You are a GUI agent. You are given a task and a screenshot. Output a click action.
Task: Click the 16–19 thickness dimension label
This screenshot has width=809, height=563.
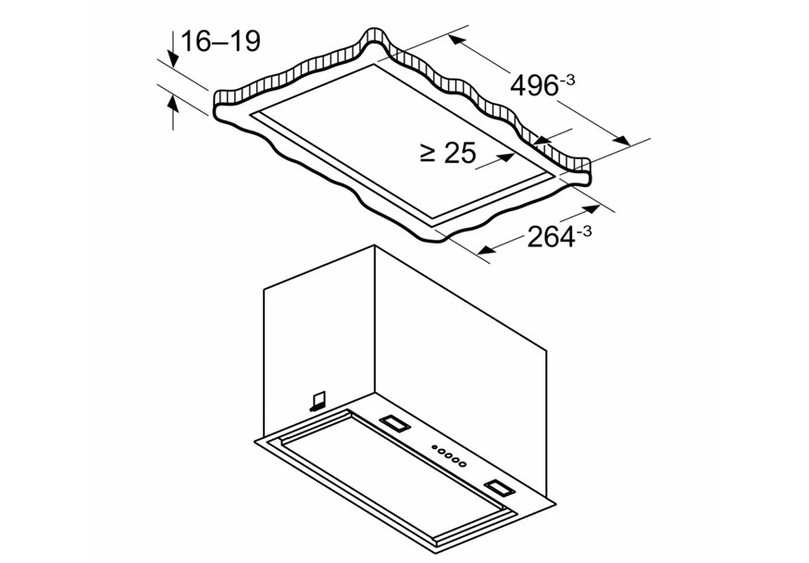coord(221,42)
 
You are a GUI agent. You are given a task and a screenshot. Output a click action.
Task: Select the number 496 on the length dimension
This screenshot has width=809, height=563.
coord(534,85)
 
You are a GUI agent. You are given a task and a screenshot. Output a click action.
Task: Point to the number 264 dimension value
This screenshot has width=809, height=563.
coord(551,238)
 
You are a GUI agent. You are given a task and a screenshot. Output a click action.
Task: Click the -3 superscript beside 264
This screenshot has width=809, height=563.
coord(583,231)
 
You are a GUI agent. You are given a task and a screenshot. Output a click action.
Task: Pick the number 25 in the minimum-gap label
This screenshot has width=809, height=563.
coord(459,153)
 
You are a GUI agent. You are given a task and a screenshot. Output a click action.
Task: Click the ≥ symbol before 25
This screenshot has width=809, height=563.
coord(429,153)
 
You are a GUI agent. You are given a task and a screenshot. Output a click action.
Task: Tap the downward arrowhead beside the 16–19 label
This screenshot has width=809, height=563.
coord(173,58)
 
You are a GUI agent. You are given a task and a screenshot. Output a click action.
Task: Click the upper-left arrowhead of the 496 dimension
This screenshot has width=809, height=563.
coord(456,40)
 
